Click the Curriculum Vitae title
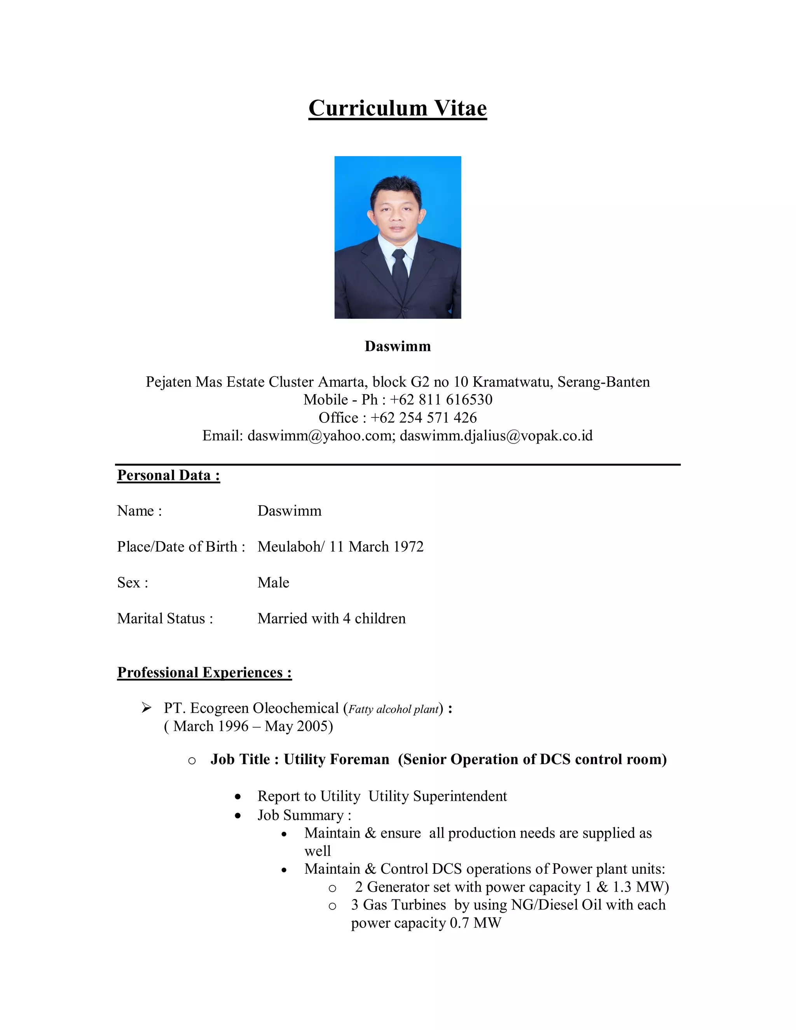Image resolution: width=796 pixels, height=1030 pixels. tap(398, 108)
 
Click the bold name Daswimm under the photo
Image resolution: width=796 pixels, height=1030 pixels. tap(398, 346)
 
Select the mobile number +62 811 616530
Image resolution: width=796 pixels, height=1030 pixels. tap(441, 400)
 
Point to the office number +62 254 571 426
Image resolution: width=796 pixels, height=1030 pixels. tap(424, 418)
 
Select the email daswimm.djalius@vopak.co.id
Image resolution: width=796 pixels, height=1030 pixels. tap(496, 436)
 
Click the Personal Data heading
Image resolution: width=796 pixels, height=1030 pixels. tap(168, 475)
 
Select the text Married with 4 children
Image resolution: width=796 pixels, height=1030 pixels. tap(331, 618)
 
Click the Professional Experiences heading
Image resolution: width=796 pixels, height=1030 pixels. tap(204, 672)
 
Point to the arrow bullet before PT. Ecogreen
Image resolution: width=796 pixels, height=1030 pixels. tap(147, 708)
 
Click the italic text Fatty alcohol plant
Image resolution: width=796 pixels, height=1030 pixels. tap(393, 709)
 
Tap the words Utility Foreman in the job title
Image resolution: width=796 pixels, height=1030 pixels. tap(336, 759)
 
